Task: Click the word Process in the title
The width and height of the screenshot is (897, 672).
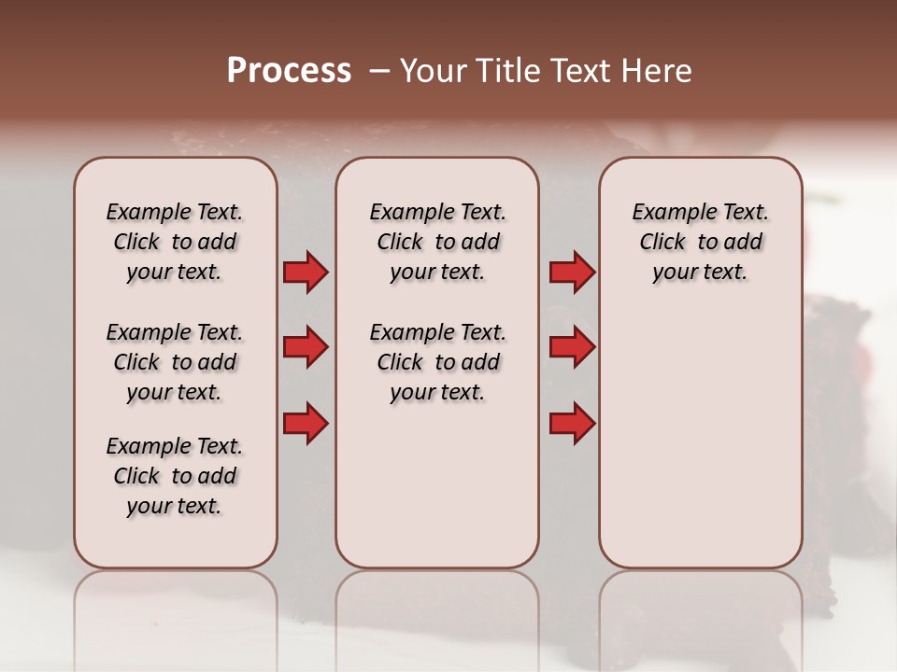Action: [289, 71]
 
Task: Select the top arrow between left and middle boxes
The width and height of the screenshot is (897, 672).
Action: [306, 273]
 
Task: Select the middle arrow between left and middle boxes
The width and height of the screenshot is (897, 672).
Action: [306, 348]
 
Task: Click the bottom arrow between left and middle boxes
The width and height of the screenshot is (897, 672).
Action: [306, 425]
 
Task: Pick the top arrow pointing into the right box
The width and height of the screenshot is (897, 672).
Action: [572, 273]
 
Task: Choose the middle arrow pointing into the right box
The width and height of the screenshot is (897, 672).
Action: [572, 348]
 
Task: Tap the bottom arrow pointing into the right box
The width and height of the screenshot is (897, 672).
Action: [572, 425]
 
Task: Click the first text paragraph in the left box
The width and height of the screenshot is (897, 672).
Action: [175, 242]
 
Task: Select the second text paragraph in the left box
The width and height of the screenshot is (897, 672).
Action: [175, 362]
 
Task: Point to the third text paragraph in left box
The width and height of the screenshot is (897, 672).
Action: [175, 476]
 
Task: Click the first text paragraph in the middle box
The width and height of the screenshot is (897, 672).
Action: [437, 242]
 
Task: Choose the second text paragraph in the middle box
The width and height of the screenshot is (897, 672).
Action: [437, 362]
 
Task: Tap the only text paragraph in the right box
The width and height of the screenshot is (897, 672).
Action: [700, 242]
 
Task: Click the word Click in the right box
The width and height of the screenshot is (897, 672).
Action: [662, 243]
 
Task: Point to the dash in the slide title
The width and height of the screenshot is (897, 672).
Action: [379, 72]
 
